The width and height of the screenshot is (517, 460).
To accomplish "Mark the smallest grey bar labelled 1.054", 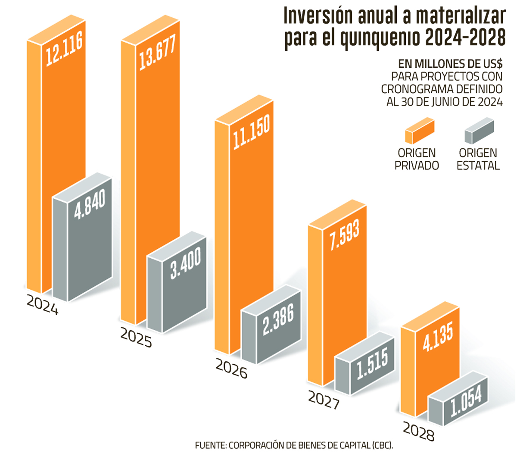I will point(466,403).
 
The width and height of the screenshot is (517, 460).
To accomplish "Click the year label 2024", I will point(42,305).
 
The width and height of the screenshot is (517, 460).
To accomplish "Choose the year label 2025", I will point(136,338).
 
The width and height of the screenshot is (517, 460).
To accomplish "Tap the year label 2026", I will point(231,369).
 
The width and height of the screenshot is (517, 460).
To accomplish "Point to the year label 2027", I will point(324,400).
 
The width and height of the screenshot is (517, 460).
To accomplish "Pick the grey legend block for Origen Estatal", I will point(479,131).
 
